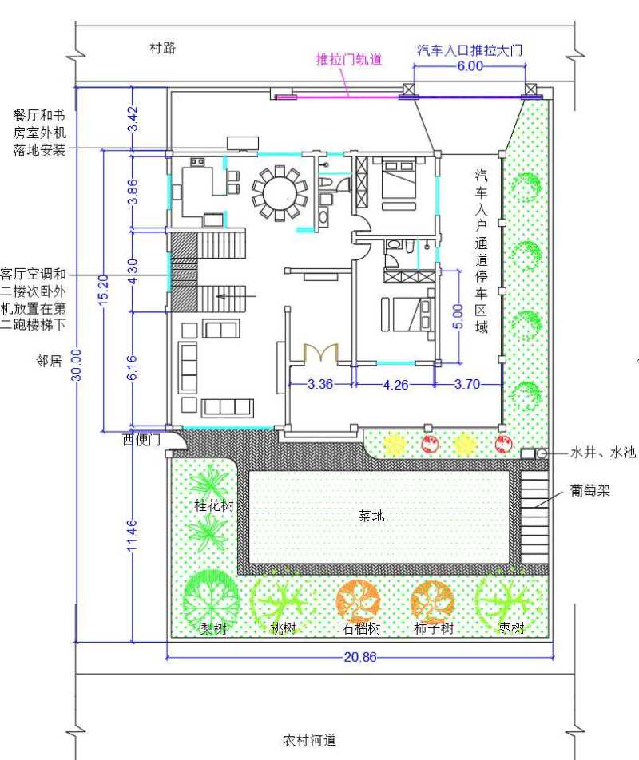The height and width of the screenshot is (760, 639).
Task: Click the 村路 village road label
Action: (x=162, y=48)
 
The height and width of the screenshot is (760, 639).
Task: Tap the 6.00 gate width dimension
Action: (x=470, y=65)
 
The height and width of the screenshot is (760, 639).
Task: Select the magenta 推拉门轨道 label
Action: (x=349, y=59)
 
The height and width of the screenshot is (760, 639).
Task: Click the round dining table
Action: (x=280, y=193)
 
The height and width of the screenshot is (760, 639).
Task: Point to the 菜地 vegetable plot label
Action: (x=371, y=515)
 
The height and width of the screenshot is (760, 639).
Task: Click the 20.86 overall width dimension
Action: (x=359, y=657)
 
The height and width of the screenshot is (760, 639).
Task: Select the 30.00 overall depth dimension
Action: (x=77, y=365)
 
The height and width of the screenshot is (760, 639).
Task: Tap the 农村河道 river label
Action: (x=309, y=740)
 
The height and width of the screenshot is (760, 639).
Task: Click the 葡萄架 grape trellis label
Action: (x=589, y=490)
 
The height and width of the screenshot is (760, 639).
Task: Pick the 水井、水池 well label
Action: (x=603, y=452)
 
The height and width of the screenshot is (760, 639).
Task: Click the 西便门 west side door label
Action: (x=141, y=439)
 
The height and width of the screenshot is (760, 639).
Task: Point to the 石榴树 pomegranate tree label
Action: (x=361, y=628)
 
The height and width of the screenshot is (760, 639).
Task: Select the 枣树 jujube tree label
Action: (x=512, y=627)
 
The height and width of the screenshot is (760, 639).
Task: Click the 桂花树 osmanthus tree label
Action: (x=214, y=505)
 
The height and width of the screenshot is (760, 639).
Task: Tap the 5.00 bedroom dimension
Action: (x=458, y=316)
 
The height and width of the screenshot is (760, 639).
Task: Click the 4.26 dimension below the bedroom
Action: (x=395, y=385)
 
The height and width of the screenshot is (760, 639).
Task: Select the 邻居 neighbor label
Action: (x=49, y=361)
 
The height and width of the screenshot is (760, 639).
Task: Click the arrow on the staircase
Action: (x=236, y=295)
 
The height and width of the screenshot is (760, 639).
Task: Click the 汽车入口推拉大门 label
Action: (x=470, y=50)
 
